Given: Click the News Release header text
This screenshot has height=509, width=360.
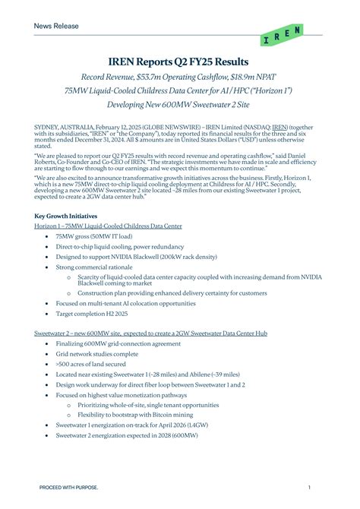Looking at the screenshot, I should click(55, 26).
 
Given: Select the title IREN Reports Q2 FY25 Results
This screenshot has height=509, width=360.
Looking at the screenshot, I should click(179, 61).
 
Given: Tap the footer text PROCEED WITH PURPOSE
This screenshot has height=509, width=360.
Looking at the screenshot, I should click(68, 487).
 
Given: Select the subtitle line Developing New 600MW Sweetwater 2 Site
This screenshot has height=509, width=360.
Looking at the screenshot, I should click(179, 103).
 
